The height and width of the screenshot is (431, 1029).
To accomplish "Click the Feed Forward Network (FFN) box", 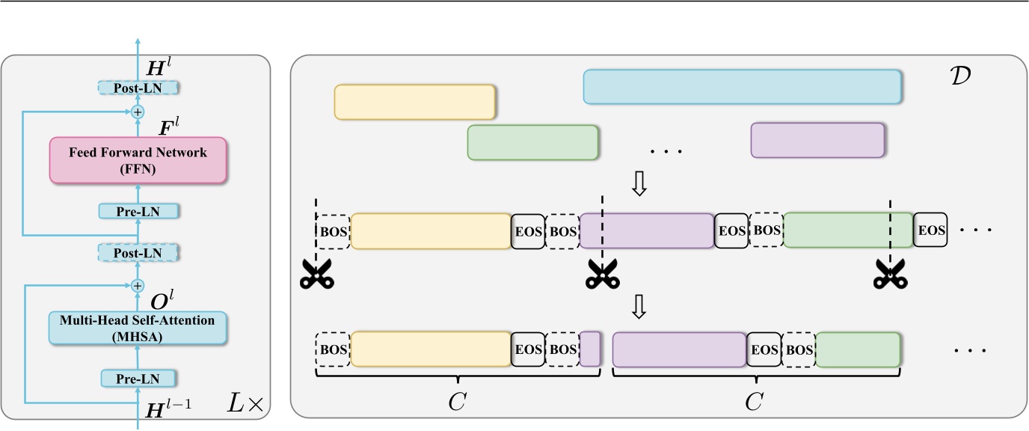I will coord(138,159).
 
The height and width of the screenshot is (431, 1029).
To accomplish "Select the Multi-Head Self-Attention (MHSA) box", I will coord(138,328).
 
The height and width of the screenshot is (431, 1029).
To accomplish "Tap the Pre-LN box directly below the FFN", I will coord(138,211).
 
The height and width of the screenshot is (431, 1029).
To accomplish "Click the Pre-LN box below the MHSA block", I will coord(138,379).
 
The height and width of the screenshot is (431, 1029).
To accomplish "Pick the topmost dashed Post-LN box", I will coord(138,88).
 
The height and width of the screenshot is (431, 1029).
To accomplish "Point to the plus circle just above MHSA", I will coord(138,285).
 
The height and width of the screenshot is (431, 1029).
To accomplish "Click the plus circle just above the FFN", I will coord(138,112).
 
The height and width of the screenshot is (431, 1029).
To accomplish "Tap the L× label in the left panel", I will coord(245,405).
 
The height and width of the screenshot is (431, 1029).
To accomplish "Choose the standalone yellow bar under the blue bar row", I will coord(414,102).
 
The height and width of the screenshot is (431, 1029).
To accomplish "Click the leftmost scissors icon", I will coord(316,275).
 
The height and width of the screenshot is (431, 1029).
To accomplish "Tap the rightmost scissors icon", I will coord(890,275).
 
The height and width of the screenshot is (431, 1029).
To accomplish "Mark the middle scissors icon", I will coord(603,275).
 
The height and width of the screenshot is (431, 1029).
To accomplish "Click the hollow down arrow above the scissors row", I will coord(639,184).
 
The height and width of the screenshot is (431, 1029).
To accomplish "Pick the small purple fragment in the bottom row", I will coord(590,349).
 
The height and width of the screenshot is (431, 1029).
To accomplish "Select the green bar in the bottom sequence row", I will coord(857,349).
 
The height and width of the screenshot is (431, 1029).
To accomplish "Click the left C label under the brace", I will coord(458,402).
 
